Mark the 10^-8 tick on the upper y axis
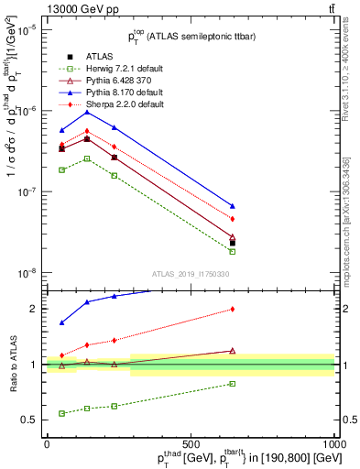tap(29, 273)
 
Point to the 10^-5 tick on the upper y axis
tap(29, 29)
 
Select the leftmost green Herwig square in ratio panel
tap(61, 413)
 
